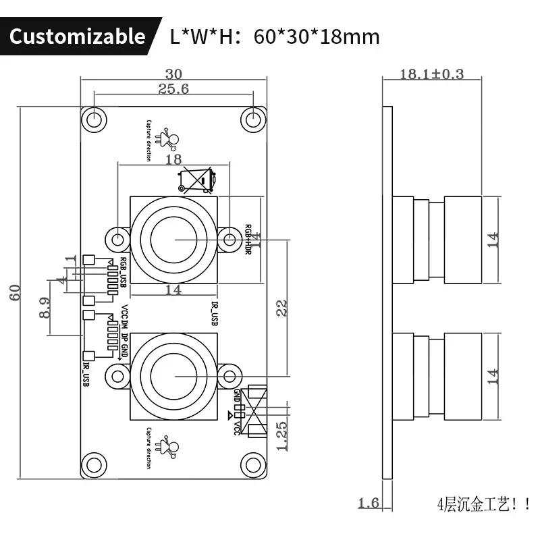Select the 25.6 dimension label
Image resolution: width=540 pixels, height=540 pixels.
[173, 89]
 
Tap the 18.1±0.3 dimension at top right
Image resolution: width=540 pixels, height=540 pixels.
[432, 74]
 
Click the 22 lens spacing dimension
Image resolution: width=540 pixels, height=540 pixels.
[282, 308]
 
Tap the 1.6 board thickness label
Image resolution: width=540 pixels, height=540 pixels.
[369, 503]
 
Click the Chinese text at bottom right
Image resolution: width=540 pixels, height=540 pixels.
[483, 504]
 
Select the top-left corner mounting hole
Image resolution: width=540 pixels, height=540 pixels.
[95, 119]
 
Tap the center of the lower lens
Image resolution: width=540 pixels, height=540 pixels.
[173, 375]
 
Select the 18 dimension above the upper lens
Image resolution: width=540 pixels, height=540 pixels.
[173, 159]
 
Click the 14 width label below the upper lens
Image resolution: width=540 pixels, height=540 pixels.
[173, 290]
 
